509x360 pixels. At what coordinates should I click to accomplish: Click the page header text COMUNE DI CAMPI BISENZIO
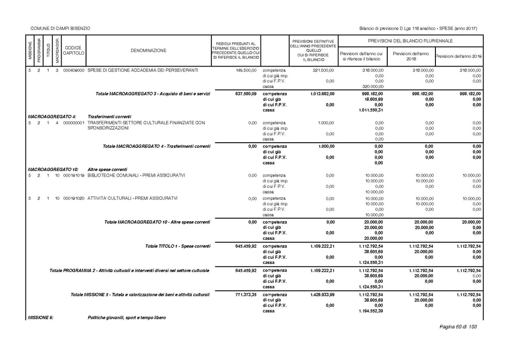tap(60, 28)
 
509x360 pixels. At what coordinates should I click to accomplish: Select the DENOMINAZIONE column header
tap(149, 50)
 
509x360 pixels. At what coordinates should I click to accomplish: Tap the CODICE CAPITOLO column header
tap(75, 50)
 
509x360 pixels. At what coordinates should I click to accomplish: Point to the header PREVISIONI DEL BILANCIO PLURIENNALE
tap(410, 40)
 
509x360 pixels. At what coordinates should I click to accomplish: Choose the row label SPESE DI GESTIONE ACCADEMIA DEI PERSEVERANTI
tap(143, 71)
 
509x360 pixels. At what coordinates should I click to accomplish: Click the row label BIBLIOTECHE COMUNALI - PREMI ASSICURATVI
tap(136, 175)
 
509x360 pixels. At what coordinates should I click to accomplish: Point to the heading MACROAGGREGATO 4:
tap(52, 116)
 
